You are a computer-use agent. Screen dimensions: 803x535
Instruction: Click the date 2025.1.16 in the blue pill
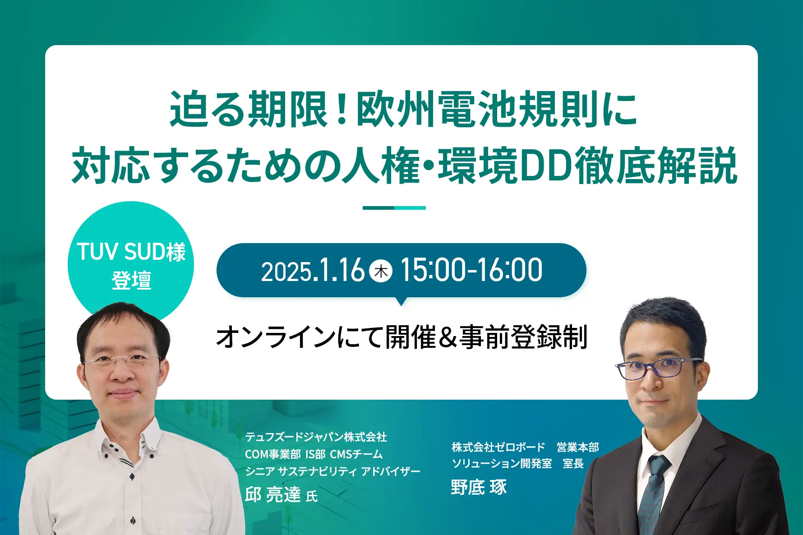[x=313, y=271]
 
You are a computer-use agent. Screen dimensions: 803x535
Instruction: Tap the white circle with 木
[x=381, y=271]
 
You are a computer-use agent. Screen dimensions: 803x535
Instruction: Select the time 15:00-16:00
[x=471, y=270]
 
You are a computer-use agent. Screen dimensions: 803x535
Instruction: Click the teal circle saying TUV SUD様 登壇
[x=131, y=264]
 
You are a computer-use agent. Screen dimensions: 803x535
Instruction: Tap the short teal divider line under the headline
[x=394, y=208]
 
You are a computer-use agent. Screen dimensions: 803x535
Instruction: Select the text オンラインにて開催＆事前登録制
[x=401, y=337]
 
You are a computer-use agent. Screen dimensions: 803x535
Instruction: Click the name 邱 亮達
[x=272, y=494]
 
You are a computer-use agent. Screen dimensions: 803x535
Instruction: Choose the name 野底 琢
[x=479, y=487]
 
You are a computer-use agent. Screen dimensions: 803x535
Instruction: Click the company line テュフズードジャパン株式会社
[x=316, y=437]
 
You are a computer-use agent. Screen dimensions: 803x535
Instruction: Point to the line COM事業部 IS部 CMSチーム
[x=314, y=454]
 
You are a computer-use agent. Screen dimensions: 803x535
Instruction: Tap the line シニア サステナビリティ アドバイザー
[x=332, y=471]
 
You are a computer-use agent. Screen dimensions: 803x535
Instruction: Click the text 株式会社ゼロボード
[x=498, y=447]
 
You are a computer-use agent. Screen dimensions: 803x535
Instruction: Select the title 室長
[x=573, y=464]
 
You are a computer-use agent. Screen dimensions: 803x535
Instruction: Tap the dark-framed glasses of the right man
[x=659, y=368]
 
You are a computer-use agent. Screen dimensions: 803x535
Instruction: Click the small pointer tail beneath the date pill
[x=401, y=301]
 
